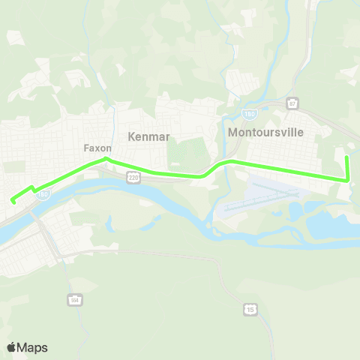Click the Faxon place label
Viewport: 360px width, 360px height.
(x=97, y=148)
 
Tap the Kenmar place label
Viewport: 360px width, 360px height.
(x=149, y=136)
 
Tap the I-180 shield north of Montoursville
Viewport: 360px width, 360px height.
(x=249, y=112)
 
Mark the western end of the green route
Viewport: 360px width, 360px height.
(x=12, y=200)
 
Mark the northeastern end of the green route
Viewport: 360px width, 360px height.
(x=346, y=157)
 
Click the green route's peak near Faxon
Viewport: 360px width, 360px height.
(x=106, y=158)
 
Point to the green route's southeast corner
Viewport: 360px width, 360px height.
(x=348, y=179)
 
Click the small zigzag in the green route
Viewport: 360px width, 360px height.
(x=31, y=188)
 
